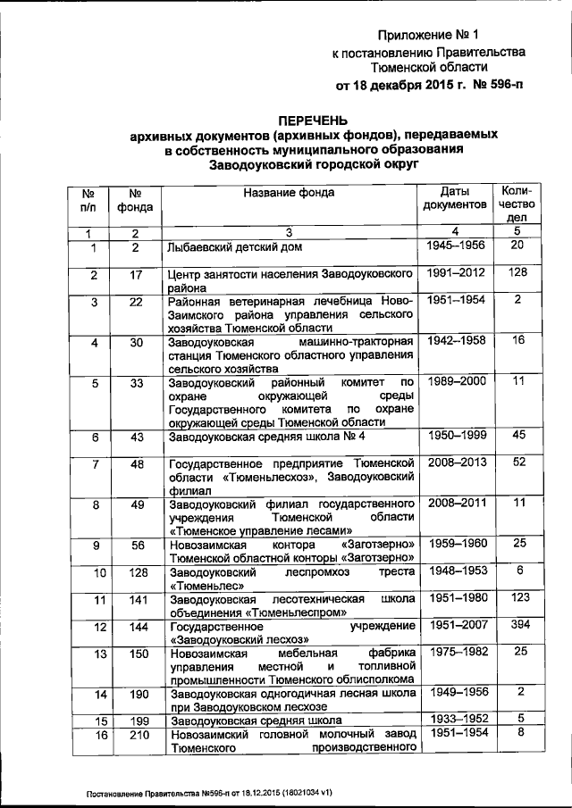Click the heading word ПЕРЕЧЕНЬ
313,121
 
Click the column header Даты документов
454,198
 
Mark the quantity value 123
518,596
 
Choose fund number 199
136,720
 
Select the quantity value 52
518,462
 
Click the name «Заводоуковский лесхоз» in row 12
240,639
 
